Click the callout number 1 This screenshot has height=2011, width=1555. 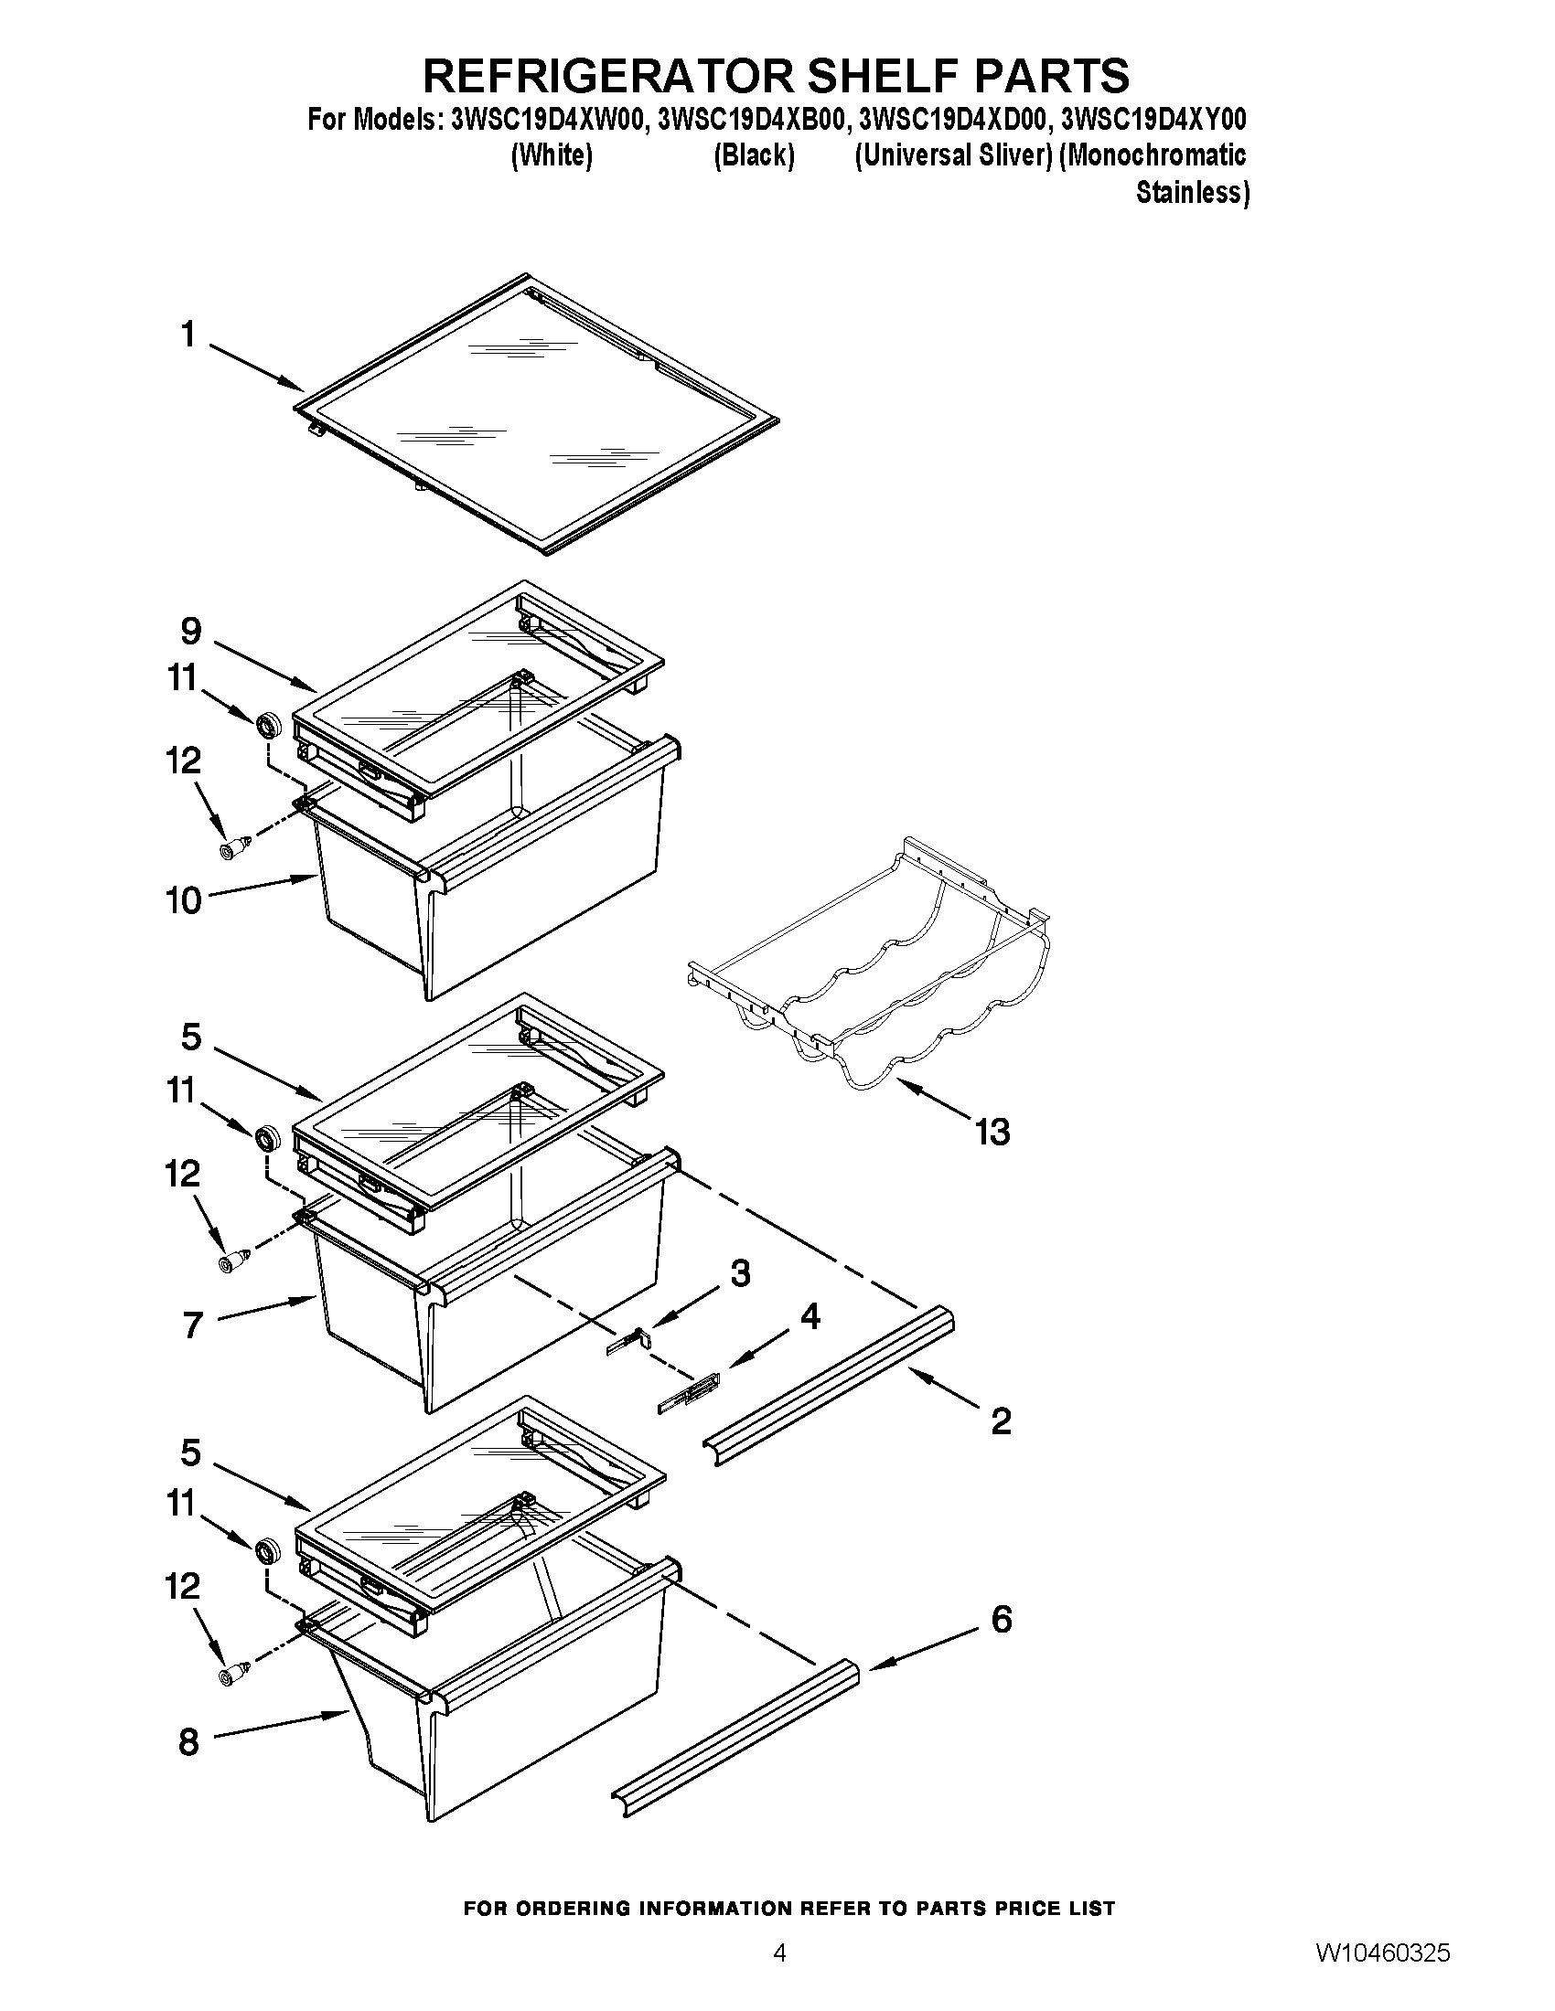(x=188, y=335)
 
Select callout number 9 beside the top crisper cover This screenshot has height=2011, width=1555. (x=190, y=632)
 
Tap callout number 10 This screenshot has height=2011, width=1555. (x=183, y=900)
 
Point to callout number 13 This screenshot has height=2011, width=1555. (x=993, y=1132)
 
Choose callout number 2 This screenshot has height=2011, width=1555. (x=1002, y=1420)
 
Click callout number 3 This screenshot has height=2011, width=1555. (x=740, y=1274)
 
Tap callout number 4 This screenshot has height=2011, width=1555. (x=810, y=1317)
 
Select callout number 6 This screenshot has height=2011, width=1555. (x=1002, y=1620)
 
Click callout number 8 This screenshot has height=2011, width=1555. (x=188, y=1743)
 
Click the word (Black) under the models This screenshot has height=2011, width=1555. (x=754, y=156)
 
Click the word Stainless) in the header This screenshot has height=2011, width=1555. (x=1192, y=194)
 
